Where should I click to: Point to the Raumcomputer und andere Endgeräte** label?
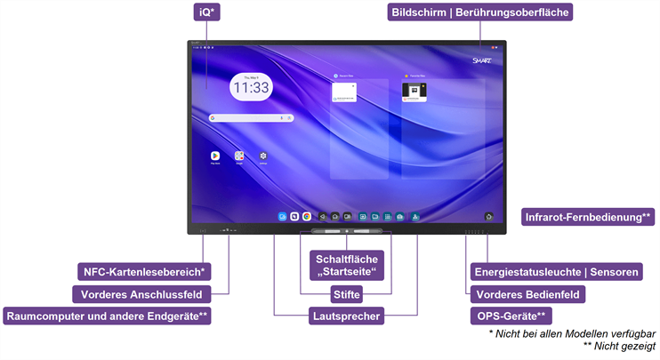click(x=108, y=316)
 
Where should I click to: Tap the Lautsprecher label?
click(x=346, y=316)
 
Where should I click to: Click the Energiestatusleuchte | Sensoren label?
click(x=556, y=271)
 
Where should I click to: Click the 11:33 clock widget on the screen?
click(x=251, y=86)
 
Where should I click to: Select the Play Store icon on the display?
click(x=215, y=156)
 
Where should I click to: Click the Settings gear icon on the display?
click(x=263, y=156)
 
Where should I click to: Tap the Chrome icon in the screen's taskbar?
click(x=306, y=216)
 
